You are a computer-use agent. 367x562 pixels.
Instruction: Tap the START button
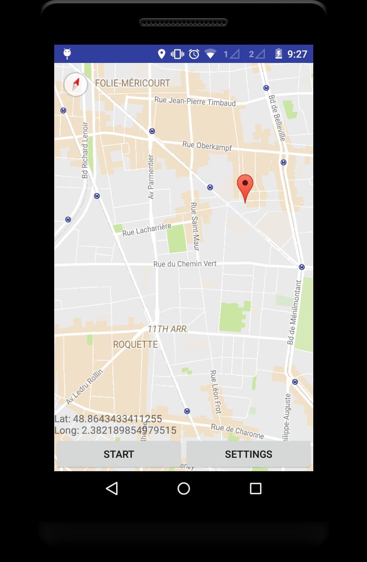pos(118,454)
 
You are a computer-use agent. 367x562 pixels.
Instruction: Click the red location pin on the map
pos(245,185)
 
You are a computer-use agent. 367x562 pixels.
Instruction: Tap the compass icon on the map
pos(76,85)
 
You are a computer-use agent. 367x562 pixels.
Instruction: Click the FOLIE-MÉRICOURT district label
pos(132,83)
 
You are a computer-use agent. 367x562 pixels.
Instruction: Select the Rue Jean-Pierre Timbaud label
pos(195,102)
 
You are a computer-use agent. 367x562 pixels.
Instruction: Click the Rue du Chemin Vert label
pos(185,264)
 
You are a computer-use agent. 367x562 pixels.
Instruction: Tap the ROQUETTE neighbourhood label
pos(135,344)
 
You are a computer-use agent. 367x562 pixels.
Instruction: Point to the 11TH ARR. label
pos(167,329)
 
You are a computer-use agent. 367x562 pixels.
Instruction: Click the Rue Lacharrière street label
pos(147,230)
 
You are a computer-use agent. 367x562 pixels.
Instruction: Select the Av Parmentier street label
pos(151,177)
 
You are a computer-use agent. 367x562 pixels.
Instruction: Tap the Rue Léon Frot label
pos(215,392)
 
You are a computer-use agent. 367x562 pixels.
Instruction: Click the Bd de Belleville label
pos(277,117)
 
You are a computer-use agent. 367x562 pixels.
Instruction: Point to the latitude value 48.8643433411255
pos(118,419)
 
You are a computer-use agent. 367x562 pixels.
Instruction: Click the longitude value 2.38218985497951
pos(129,430)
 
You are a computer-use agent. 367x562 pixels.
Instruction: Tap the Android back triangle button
pos(112,489)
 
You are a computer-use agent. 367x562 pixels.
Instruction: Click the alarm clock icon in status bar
pos(194,54)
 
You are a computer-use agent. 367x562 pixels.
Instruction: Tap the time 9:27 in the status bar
pos(297,54)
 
